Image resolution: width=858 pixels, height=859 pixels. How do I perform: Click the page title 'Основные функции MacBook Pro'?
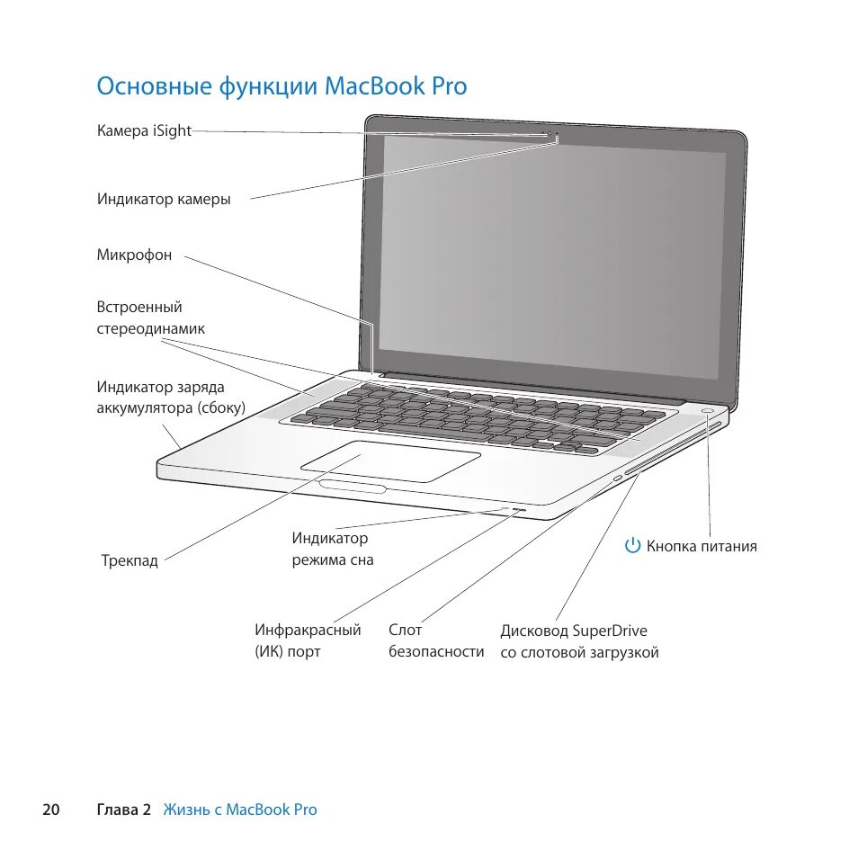282,86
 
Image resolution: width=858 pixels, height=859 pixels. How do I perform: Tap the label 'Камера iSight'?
144,130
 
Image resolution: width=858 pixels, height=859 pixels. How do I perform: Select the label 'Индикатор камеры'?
164,199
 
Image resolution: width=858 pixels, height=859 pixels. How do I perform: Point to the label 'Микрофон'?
134,255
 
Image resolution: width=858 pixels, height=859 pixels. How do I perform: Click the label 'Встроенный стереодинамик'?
150,318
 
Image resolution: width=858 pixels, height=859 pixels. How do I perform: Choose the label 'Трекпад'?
130,560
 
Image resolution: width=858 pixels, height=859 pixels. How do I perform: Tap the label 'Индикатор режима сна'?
332,549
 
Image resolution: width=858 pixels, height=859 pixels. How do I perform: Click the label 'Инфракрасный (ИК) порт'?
307,640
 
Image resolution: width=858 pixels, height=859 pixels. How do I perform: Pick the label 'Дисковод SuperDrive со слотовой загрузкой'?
579,640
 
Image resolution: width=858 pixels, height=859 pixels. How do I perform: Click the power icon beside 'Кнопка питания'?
633,546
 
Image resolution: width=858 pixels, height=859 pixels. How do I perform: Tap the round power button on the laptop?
709,412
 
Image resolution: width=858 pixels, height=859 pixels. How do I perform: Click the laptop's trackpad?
391,461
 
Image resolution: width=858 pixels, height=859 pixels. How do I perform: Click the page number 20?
50,810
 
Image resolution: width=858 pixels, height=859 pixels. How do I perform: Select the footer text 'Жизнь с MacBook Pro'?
240,810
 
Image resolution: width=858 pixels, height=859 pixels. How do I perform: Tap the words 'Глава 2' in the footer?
123,810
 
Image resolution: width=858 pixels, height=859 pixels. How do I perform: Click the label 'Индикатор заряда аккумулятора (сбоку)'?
171,398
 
